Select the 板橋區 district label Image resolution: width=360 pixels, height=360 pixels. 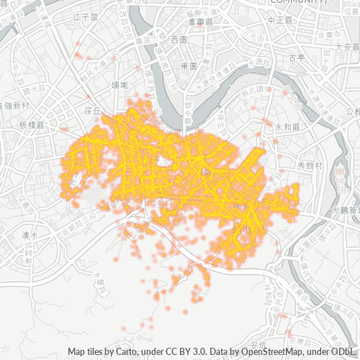click(x=32, y=125)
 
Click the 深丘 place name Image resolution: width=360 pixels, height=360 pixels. click(x=91, y=111)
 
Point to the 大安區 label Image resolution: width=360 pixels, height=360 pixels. click(x=346, y=46)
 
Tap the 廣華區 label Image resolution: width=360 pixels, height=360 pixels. click(x=199, y=22)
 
